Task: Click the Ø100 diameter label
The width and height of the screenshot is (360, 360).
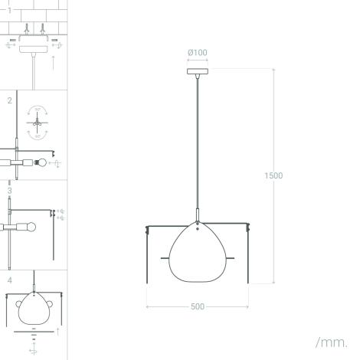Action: (197, 53)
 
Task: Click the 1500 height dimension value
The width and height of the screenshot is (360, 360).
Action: (273, 176)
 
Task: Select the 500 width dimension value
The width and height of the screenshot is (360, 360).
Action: (198, 306)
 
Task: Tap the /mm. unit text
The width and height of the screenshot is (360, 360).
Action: (331, 342)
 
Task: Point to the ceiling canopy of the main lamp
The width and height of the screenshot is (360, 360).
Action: (198, 72)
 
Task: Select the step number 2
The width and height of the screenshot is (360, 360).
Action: (10, 100)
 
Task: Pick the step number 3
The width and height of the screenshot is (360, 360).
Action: (10, 190)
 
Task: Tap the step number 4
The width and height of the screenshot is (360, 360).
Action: (10, 280)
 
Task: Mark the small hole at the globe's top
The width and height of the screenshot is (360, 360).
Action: (198, 227)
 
